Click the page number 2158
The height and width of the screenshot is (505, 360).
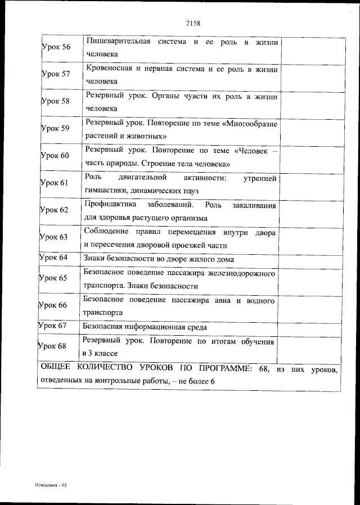pos(193,24)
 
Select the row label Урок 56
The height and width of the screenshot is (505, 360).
pos(56,47)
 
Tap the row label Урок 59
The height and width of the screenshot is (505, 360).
pos(55,128)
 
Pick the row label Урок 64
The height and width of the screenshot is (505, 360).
pos(52,258)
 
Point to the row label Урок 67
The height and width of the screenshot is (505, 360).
pos(52,326)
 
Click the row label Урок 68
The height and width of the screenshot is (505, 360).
pos(52,346)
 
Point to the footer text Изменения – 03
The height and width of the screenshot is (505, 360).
pos(50,484)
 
